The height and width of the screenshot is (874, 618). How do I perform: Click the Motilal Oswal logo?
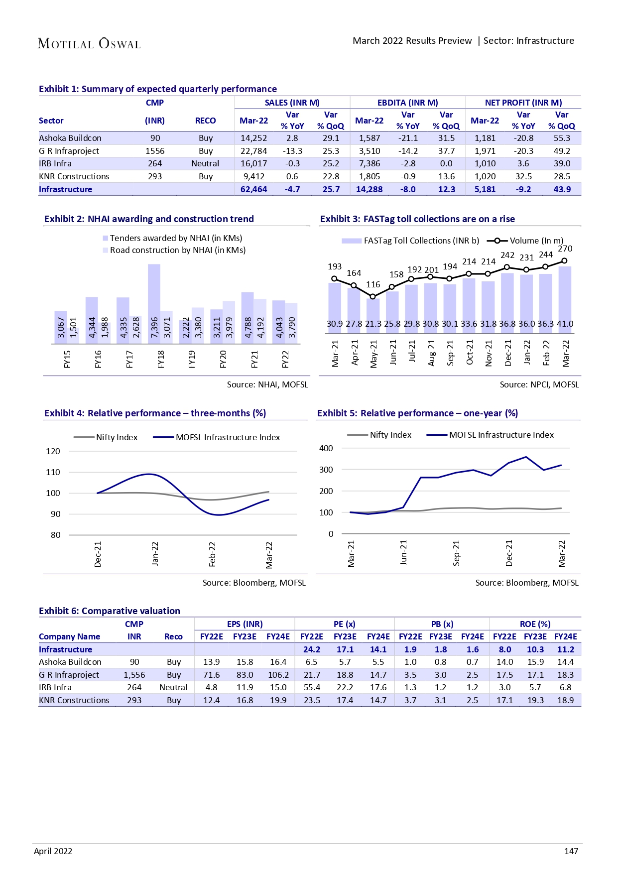tap(89, 44)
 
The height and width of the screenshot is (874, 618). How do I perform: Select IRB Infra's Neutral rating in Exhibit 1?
tap(205, 163)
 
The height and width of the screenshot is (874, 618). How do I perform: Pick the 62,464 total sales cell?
tap(253, 189)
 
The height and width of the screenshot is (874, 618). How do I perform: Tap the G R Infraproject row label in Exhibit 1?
tap(69, 151)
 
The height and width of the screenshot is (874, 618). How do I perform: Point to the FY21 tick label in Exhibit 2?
tap(254, 359)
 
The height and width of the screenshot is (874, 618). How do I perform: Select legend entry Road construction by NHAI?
tap(177, 250)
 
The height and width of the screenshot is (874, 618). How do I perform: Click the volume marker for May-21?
tap(373, 296)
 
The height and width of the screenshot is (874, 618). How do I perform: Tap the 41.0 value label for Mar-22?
tap(565, 324)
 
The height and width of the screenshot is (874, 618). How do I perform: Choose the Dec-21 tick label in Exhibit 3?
tap(507, 353)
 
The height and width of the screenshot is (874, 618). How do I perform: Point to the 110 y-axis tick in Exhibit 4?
tap(53, 472)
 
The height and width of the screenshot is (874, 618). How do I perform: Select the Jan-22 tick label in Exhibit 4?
tap(155, 553)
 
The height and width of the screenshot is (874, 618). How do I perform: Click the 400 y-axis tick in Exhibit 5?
tap(326, 448)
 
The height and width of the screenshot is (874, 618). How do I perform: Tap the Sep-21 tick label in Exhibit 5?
tap(456, 553)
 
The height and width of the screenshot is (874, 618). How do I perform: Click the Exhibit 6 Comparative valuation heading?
tap(110, 611)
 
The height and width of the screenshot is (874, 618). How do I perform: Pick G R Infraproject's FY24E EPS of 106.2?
tap(278, 675)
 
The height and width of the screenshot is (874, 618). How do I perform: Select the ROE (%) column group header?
tap(535, 624)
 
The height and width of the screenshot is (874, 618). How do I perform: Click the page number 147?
tap(571, 851)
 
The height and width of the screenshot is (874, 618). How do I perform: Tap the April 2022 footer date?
tap(53, 851)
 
